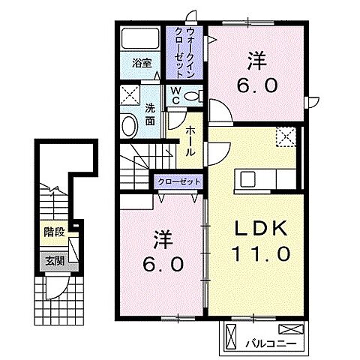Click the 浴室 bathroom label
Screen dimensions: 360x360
point(142,63)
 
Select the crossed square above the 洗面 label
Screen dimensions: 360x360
point(130,95)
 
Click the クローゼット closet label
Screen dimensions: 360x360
point(180,181)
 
